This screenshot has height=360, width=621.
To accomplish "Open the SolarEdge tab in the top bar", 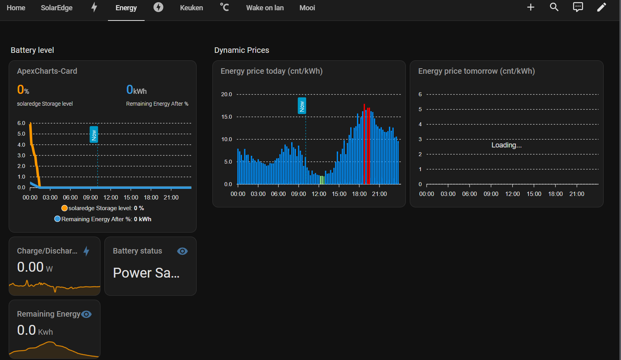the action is click(x=57, y=8).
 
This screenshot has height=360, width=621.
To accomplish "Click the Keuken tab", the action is click(x=191, y=8).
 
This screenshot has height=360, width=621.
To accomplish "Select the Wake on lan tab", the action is click(x=265, y=8).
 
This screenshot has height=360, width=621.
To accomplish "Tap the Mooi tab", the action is click(x=307, y=8).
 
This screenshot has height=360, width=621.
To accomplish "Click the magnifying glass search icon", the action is click(x=554, y=7).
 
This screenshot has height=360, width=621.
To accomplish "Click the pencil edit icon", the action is click(x=601, y=7).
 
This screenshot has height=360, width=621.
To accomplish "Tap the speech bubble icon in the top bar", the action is click(x=578, y=7).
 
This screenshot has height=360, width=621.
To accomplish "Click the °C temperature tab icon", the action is click(x=224, y=7).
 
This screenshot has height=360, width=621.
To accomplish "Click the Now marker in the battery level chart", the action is click(x=94, y=134).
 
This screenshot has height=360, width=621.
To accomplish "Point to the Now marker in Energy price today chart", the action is click(x=302, y=106).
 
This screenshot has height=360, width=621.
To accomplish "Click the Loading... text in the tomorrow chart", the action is click(x=506, y=145).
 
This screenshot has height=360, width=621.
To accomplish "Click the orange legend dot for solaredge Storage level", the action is click(x=64, y=208).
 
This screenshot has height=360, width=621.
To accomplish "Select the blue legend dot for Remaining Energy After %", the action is click(x=58, y=219).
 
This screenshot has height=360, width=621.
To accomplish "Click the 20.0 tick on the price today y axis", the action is click(x=227, y=94).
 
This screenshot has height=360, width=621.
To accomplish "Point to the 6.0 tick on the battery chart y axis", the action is click(x=21, y=123).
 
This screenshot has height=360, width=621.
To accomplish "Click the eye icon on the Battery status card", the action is click(x=182, y=251).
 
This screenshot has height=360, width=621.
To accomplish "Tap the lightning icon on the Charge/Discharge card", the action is click(x=87, y=251).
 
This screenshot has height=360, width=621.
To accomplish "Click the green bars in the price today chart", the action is click(x=322, y=180).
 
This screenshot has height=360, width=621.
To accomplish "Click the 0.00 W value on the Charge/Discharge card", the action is click(x=35, y=267).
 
